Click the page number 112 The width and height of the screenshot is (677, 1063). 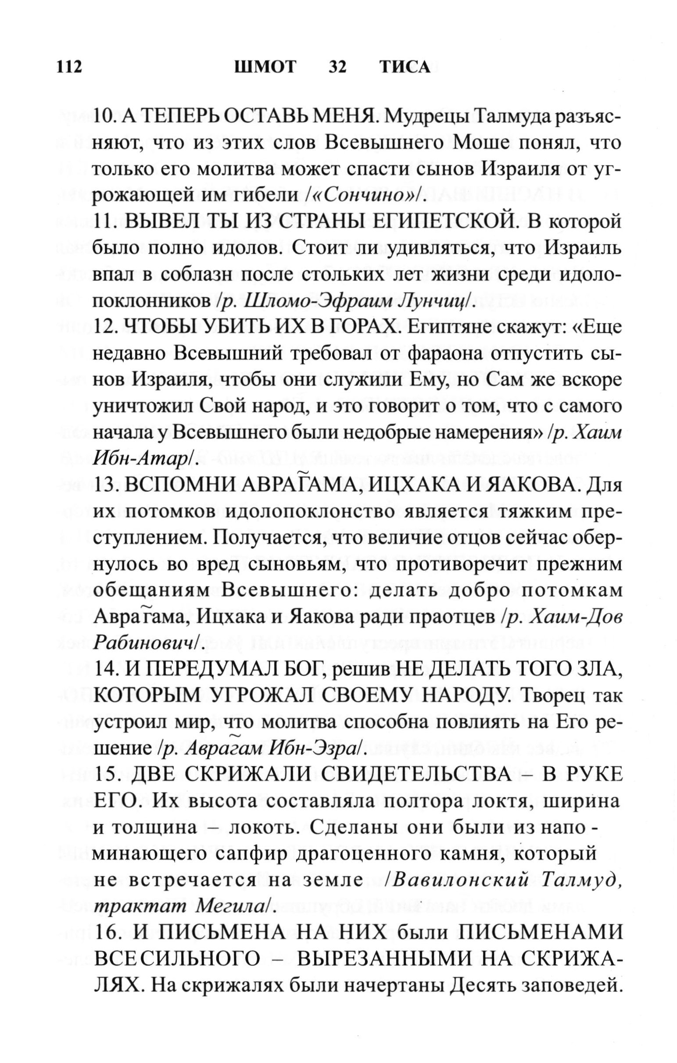[x=69, y=67]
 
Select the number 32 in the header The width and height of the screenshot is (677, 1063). [x=338, y=67]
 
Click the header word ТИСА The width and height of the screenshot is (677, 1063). [x=405, y=67]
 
